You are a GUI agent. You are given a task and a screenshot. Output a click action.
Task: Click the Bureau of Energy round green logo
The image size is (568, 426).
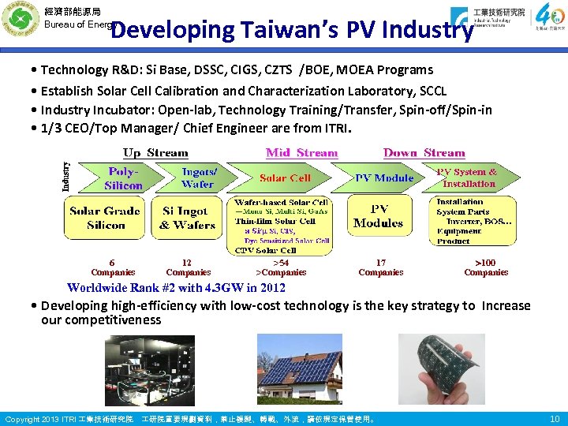pos(20,21)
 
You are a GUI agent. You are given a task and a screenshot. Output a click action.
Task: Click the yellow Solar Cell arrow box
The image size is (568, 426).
pos(285,178)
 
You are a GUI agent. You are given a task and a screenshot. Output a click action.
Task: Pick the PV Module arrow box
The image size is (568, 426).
pos(383,178)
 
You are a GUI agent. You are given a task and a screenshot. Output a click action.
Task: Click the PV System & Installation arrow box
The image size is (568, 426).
pos(469,177)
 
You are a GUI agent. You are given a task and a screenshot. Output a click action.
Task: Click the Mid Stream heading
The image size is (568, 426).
pos(301,153)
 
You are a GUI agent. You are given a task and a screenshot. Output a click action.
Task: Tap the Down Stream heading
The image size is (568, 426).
pos(424,153)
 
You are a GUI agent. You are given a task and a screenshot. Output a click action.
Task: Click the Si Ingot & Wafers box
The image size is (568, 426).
pos(189,218)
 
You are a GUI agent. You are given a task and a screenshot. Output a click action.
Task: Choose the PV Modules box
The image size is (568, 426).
pos(379,216)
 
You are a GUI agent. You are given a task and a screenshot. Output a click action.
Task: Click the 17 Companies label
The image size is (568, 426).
pos(380,267)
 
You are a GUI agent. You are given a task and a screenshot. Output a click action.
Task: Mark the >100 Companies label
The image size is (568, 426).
pos(485,267)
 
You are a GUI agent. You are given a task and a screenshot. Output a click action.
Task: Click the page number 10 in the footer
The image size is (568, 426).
pos(554,418)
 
